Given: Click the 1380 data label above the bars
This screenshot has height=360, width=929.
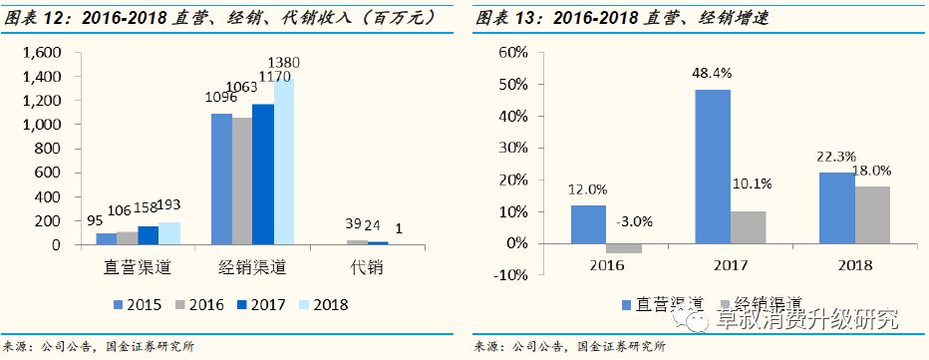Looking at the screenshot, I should (x=283, y=63).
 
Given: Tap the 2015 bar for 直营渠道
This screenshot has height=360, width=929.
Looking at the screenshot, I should (x=106, y=239).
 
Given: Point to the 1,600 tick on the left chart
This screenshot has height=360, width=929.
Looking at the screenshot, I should (x=41, y=52).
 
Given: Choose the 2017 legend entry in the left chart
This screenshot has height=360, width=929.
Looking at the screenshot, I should (x=245, y=304).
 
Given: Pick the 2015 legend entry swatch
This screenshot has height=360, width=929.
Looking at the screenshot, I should (x=120, y=304).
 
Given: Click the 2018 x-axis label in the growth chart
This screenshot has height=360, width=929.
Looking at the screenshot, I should (x=855, y=265).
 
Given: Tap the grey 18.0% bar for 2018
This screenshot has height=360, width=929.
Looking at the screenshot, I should (x=872, y=214).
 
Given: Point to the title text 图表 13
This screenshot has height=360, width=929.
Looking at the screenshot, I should (x=502, y=18).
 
